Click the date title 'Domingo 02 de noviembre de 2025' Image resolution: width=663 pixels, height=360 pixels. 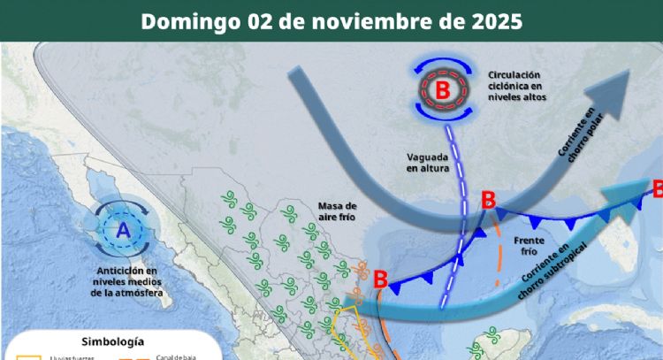tap(331, 20)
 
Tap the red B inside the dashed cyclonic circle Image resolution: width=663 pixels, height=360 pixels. tap(442, 88)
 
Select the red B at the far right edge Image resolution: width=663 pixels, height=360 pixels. tap(657, 187)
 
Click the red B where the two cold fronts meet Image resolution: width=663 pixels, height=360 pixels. tap(487, 200)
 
